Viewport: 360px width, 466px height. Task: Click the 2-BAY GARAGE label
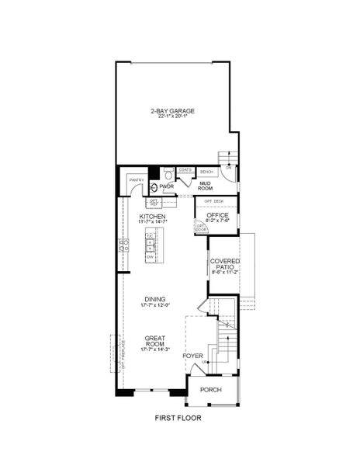(172, 110)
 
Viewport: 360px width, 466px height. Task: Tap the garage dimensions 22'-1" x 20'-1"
(172, 117)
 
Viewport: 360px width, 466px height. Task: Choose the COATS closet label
(185, 169)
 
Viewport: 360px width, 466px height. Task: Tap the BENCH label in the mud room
(206, 172)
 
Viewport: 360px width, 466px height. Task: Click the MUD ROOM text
(206, 186)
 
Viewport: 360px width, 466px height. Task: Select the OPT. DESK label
(213, 201)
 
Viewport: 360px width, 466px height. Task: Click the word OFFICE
(216, 214)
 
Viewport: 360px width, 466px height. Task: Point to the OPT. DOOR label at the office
(201, 228)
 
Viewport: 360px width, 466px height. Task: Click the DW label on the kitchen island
(149, 256)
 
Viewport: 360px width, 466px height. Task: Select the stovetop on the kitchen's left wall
(123, 246)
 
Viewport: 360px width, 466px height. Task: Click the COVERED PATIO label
(225, 264)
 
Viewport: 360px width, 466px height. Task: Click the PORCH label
(210, 390)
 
